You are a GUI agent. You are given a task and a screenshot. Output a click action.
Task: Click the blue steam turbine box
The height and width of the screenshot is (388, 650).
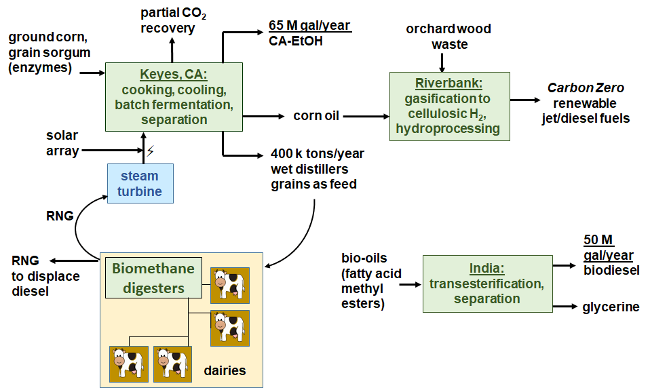click(x=140, y=183)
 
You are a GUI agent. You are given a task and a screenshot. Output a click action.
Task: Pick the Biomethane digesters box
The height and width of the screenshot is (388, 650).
click(x=153, y=278)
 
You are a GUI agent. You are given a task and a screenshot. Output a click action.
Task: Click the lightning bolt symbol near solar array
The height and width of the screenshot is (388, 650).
click(x=151, y=151)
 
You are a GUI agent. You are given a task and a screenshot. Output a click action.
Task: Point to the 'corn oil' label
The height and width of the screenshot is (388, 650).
click(x=316, y=116)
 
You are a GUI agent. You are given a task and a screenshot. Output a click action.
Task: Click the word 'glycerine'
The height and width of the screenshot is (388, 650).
click(x=611, y=307)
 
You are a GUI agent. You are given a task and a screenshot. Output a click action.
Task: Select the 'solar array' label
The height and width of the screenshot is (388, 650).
click(x=62, y=143)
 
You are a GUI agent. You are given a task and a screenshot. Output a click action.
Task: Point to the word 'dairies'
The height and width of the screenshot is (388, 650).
click(x=225, y=370)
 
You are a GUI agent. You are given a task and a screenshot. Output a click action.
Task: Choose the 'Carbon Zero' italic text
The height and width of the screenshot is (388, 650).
click(x=586, y=88)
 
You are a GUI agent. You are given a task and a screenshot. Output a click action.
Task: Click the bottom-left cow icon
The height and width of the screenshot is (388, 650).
click(x=128, y=364)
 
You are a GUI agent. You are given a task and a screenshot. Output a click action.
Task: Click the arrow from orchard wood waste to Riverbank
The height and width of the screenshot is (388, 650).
click(x=442, y=62)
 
